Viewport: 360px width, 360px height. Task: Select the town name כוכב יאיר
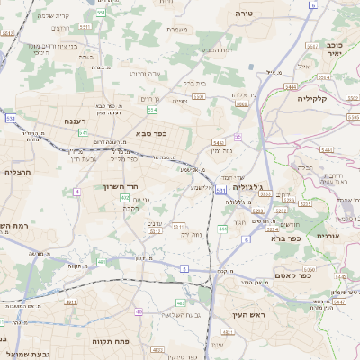pyautogui.click(x=335, y=48)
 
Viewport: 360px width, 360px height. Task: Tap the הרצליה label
pyautogui.click(x=18, y=171)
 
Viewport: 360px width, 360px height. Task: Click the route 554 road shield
pyautogui.click(x=152, y=109)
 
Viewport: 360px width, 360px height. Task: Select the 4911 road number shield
pyautogui.click(x=70, y=302)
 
